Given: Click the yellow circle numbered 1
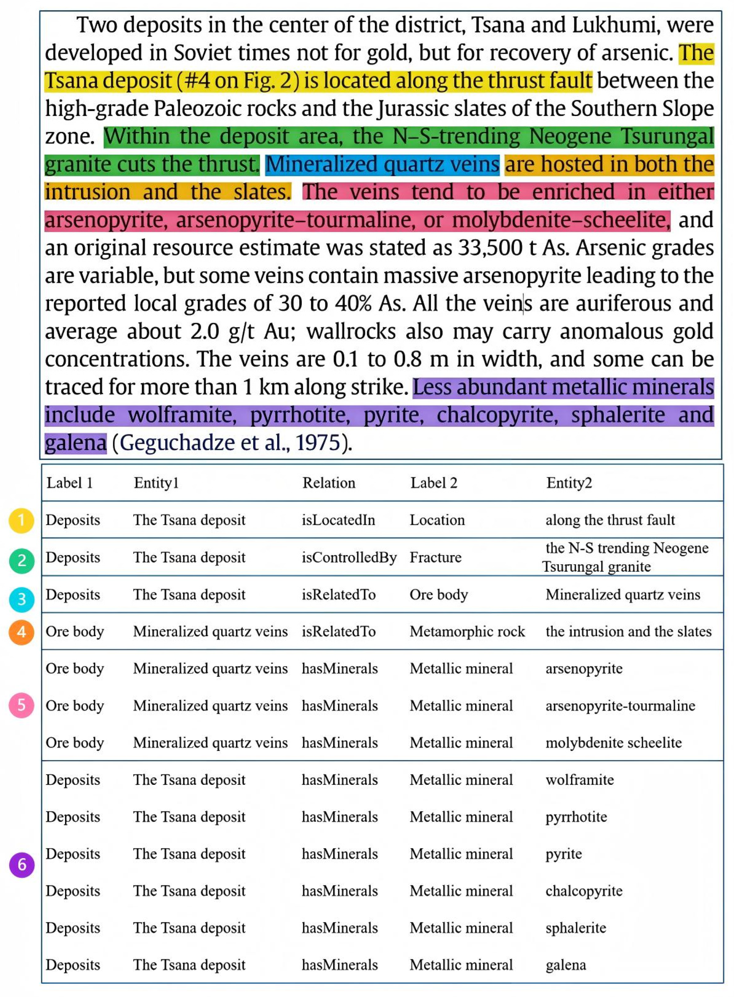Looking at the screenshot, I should [x=21, y=520].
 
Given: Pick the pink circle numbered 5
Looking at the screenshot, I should [x=21, y=705].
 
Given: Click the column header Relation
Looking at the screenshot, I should [x=329, y=483].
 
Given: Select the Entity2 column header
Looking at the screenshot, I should [x=569, y=483].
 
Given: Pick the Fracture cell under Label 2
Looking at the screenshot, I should [x=435, y=557].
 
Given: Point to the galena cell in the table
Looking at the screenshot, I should [x=566, y=965].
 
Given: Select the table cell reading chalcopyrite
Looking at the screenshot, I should [x=584, y=891].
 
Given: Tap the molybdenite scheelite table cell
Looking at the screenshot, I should [x=614, y=743].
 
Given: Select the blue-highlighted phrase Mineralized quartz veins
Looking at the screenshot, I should [x=382, y=164].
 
